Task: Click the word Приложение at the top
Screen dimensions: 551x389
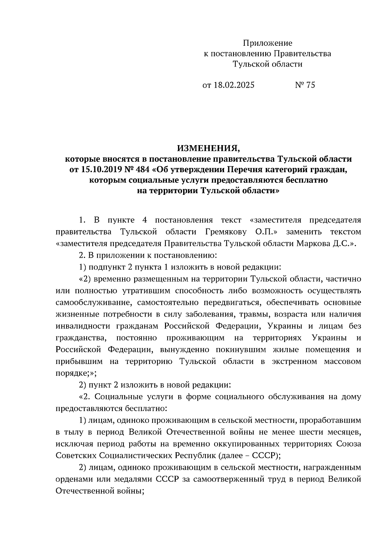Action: coord(268,43)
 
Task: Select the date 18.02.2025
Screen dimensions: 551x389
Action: coord(234,85)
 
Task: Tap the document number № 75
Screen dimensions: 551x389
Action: coord(305,85)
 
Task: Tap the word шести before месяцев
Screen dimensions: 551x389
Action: coord(298,432)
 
